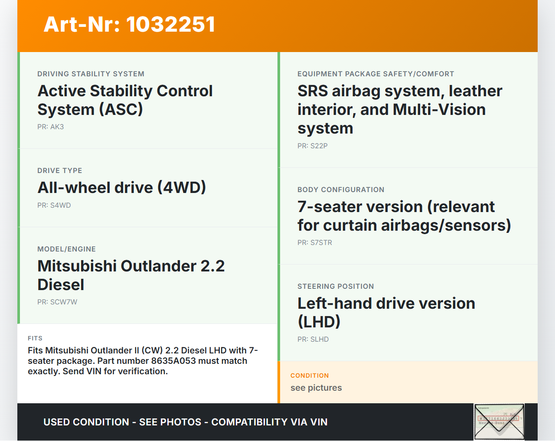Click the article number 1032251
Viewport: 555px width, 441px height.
click(170, 24)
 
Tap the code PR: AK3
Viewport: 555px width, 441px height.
click(51, 127)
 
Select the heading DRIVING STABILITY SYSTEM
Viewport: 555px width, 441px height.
click(91, 74)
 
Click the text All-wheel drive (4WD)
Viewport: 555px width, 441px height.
click(122, 187)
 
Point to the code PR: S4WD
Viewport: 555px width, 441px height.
click(54, 205)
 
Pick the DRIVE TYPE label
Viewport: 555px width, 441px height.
click(60, 171)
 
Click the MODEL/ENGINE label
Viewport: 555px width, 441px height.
click(66, 249)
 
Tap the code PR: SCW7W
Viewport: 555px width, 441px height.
click(57, 302)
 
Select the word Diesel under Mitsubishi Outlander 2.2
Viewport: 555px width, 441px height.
click(61, 285)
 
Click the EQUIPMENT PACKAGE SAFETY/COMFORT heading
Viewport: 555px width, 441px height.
click(376, 74)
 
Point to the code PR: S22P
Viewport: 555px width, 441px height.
click(313, 146)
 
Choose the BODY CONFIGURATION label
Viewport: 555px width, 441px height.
click(341, 190)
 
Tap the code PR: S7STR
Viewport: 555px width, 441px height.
click(315, 243)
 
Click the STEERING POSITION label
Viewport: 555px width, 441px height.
click(336, 287)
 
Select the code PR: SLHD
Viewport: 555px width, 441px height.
click(313, 340)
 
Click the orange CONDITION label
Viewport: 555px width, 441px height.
click(310, 376)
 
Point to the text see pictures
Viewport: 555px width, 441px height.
click(316, 388)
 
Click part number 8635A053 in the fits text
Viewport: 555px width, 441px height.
click(173, 361)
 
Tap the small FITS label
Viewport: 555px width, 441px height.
click(35, 338)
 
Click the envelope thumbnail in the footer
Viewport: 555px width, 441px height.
click(499, 421)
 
